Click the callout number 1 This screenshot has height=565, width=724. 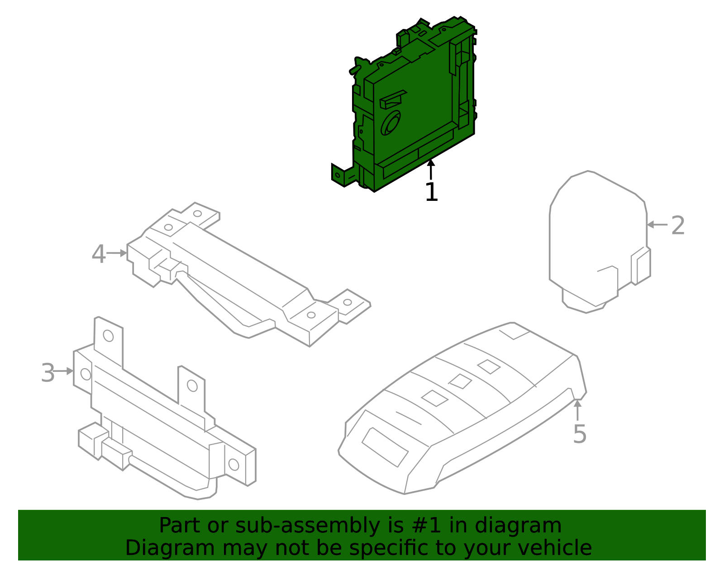coord(431,192)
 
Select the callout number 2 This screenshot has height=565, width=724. coord(677,225)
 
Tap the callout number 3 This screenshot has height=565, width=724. coord(48,373)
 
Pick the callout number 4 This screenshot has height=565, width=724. coord(98,254)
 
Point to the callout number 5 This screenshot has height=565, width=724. coord(579,434)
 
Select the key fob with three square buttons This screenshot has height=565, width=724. coord(462,407)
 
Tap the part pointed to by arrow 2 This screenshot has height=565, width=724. coord(597,240)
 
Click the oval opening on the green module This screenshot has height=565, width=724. coord(390,123)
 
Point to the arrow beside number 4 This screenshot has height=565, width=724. coord(117,253)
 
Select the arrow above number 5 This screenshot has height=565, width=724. coord(577,409)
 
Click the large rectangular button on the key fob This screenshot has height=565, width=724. coord(385,447)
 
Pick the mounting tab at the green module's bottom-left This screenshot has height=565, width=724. coord(340,175)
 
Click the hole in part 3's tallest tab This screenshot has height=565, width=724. coord(108,336)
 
